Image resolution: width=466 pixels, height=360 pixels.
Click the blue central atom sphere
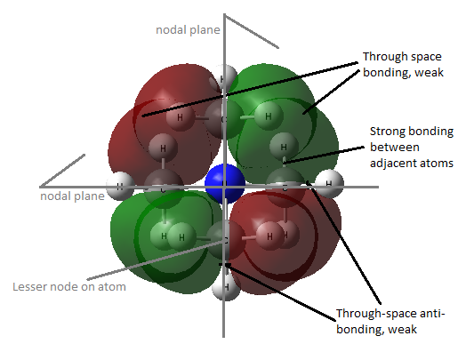point(225,184)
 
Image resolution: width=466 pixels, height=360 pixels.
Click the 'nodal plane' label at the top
point(188,30)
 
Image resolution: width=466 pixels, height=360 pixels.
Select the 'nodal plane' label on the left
point(72,196)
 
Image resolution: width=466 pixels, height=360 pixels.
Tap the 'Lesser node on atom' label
point(69,287)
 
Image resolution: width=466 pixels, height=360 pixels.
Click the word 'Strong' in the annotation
point(388,132)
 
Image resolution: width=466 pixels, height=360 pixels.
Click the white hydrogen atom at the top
point(226,76)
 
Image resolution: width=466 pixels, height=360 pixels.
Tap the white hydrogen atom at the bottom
point(226,287)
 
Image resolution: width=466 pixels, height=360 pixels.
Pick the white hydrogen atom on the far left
point(120,186)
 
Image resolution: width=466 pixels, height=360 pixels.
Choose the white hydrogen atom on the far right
point(329,184)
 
